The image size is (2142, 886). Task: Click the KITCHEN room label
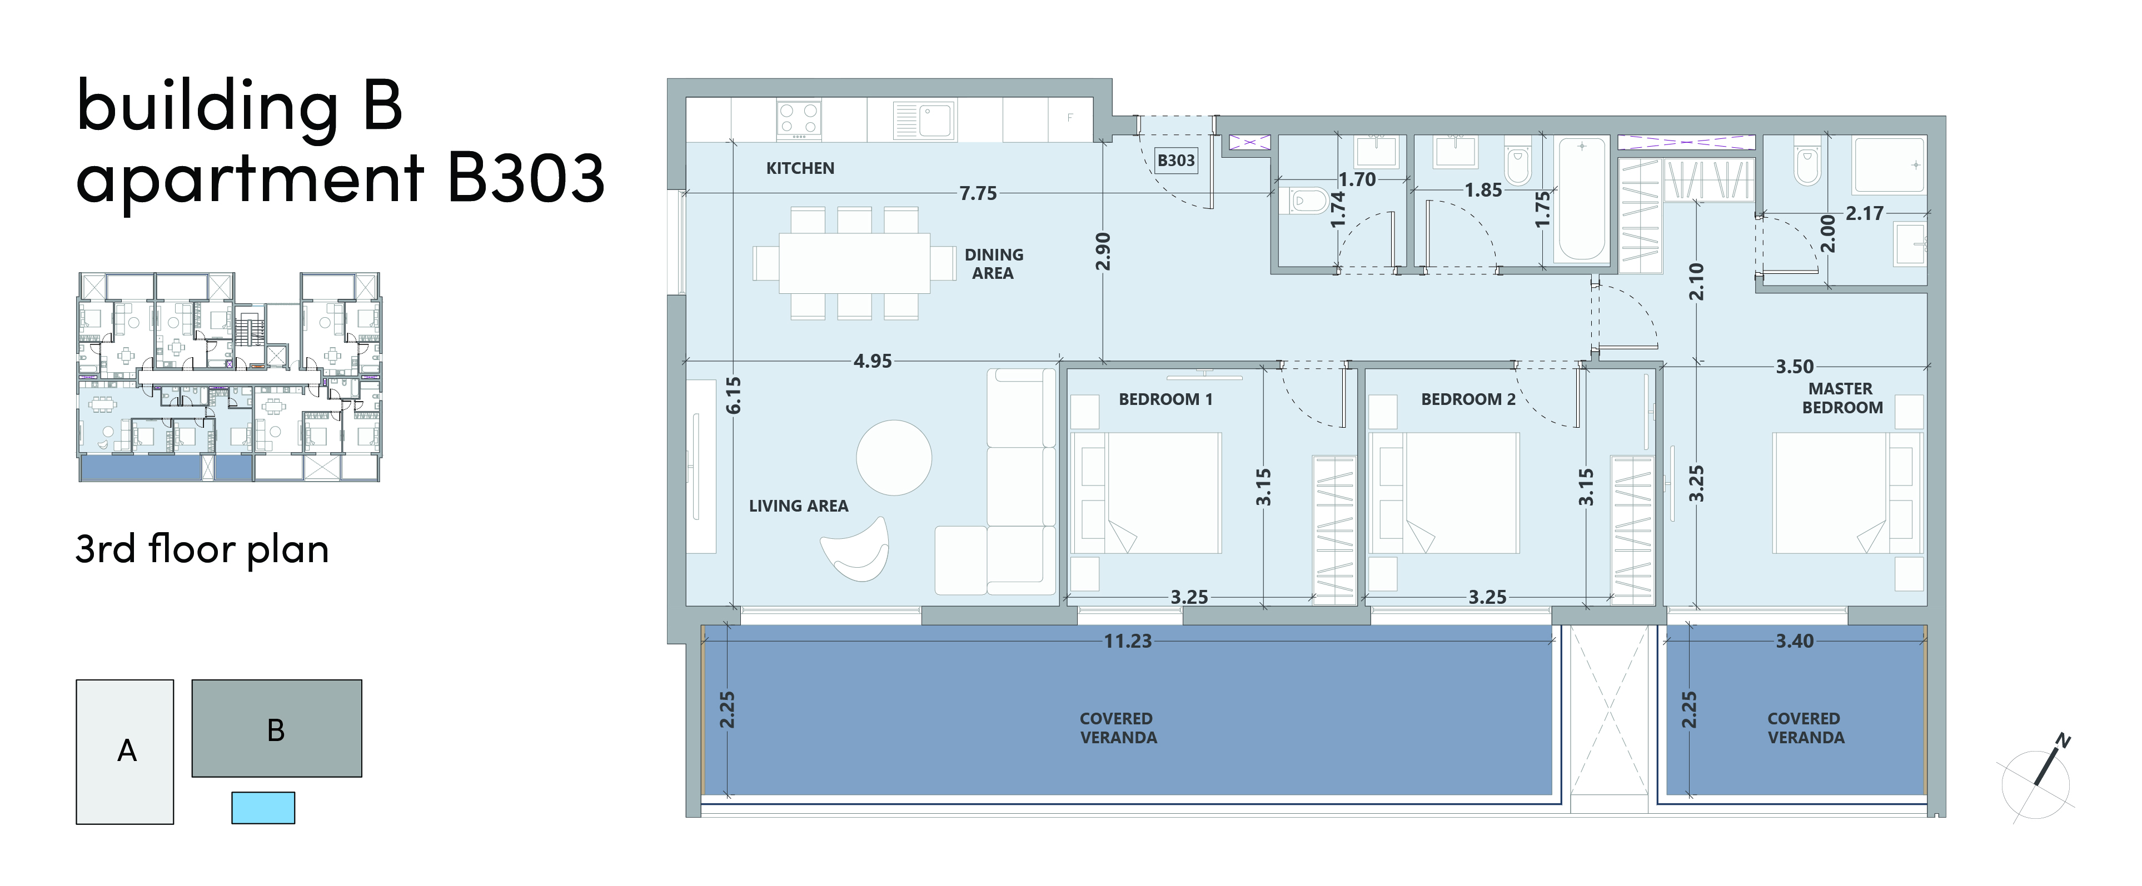800,168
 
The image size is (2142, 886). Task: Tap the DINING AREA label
994,263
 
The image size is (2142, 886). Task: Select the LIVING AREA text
798,505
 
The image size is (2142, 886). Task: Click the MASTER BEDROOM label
1842,398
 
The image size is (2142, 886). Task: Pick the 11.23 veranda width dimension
1128,641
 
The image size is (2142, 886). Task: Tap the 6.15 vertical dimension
733,395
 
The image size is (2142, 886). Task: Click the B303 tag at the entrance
1176,161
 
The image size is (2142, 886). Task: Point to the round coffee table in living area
894,458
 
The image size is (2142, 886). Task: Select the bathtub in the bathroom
1582,201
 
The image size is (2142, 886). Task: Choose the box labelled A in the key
124,752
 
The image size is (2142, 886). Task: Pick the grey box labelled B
277,728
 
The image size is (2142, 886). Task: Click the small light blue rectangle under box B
263,808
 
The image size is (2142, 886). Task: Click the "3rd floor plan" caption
202,549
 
